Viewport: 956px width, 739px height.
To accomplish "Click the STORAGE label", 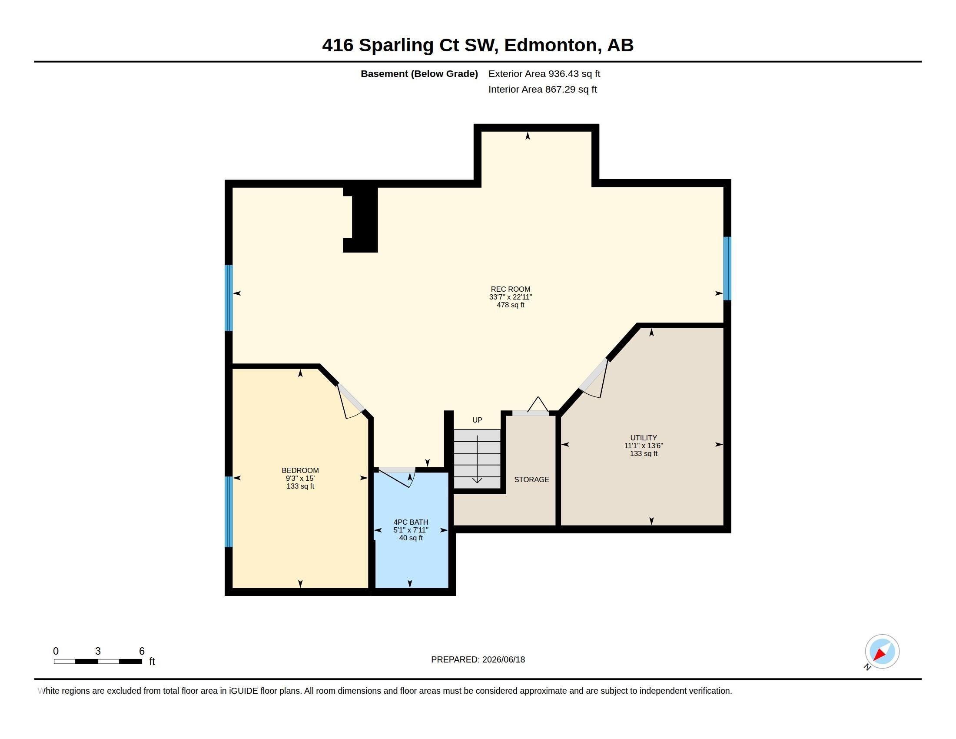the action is click(x=531, y=479).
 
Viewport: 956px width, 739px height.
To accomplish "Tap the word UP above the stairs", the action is click(x=477, y=420).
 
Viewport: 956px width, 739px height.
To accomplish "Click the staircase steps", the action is click(x=477, y=459).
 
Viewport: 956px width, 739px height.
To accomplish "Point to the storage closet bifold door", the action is click(x=531, y=407).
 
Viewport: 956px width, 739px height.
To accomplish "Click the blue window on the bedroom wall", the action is click(x=229, y=512).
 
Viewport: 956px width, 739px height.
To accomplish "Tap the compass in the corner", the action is click(x=882, y=652).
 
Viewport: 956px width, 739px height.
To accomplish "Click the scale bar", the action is click(x=98, y=661).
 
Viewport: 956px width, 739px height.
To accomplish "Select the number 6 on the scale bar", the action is click(x=141, y=651).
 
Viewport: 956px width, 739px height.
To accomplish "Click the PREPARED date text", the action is click(x=478, y=659).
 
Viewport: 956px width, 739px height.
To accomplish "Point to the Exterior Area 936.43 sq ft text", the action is click(x=544, y=73).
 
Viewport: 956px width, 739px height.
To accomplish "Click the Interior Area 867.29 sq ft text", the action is click(x=542, y=89).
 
